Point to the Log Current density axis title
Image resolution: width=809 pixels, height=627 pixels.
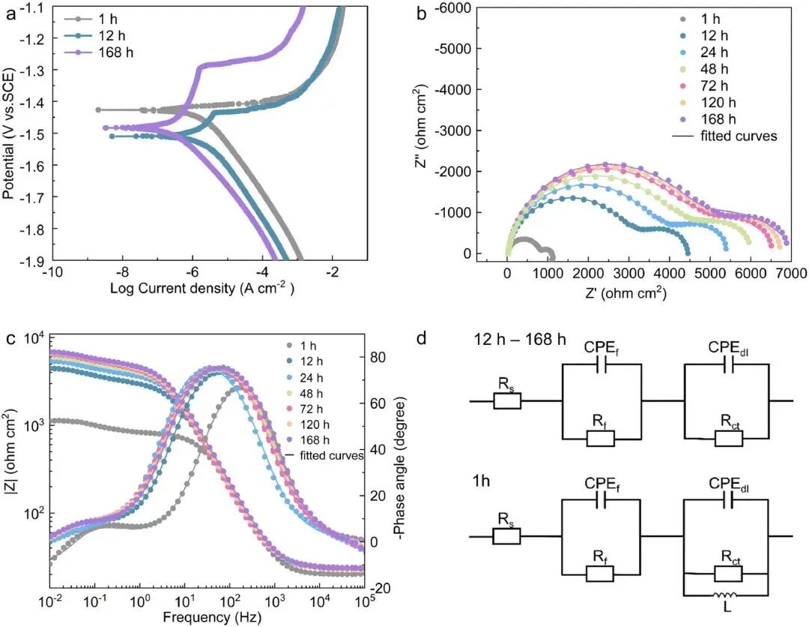[202, 288]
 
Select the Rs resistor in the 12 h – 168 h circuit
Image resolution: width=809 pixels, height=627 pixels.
[507, 400]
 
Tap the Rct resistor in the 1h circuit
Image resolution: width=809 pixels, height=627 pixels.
[728, 574]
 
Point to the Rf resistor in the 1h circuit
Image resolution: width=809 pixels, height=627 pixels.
[600, 574]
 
